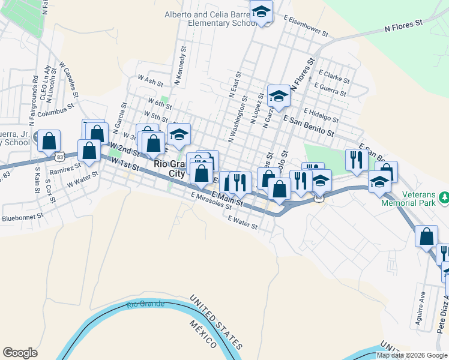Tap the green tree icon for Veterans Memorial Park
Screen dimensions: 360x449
pyautogui.click(x=444, y=197)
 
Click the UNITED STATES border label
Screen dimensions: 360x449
pyautogui.click(x=216, y=322)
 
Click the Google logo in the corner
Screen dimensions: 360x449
pyautogui.click(x=20, y=353)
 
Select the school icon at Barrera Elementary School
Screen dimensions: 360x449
pyautogui.click(x=262, y=11)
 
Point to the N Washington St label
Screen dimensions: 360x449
pyautogui.click(x=237, y=118)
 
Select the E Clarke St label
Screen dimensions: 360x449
pyautogui.click(x=334, y=76)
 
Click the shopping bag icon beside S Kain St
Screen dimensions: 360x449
pyautogui.click(x=49, y=142)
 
